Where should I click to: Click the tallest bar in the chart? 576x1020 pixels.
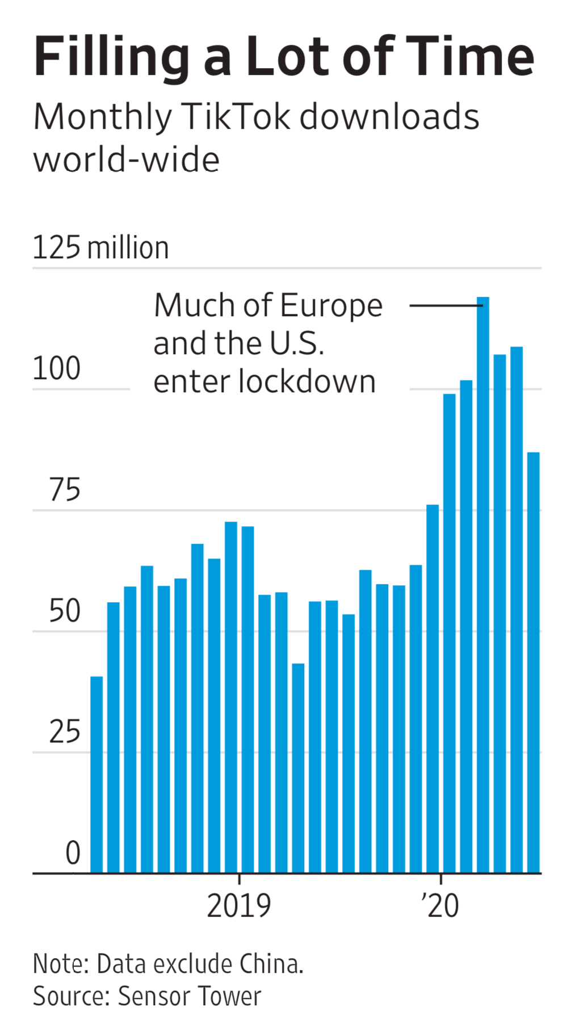click(482, 585)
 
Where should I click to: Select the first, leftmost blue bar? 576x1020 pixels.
click(96, 774)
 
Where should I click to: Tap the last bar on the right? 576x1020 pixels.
click(533, 662)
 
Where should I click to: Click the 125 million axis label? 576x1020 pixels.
click(100, 248)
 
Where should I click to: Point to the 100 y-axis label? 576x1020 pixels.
click(56, 369)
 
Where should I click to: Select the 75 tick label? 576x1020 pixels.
click(64, 490)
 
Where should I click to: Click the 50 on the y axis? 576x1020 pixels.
click(64, 611)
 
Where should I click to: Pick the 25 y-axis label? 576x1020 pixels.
click(64, 732)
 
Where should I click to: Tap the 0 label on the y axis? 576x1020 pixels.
click(73, 853)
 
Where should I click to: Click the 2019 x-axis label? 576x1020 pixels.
click(239, 906)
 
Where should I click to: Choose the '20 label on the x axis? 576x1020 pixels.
click(440, 906)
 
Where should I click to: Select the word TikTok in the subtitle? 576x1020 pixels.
click(238, 117)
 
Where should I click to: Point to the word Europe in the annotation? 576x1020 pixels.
click(331, 306)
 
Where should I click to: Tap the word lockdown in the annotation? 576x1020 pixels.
click(307, 381)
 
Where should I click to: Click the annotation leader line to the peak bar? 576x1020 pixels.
click(445, 305)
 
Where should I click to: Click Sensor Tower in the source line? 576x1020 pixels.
click(190, 996)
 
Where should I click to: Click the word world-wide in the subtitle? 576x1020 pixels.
click(127, 160)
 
